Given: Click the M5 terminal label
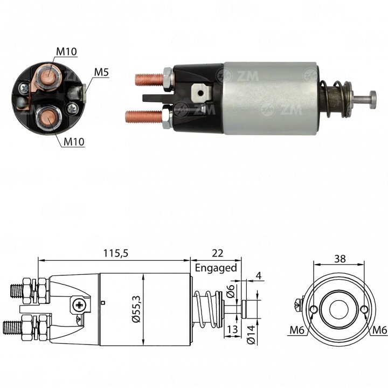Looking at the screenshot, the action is (x=101, y=72).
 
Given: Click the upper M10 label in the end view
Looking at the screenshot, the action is (x=66, y=52).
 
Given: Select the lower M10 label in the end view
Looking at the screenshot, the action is (x=74, y=142).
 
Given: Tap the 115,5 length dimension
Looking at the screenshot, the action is (x=116, y=253).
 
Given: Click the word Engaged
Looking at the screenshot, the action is (x=216, y=268).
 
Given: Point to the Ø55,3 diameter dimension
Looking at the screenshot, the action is (x=136, y=309).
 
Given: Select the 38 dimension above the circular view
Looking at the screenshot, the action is (x=340, y=259).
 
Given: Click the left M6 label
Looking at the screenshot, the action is (x=297, y=330).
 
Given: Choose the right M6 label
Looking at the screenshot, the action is (x=379, y=330).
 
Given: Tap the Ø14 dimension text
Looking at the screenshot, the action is (x=251, y=335).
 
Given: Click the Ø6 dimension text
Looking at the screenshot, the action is (x=231, y=291).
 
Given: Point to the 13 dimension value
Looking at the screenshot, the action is (x=232, y=329).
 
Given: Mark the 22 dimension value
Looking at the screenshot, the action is (x=218, y=253).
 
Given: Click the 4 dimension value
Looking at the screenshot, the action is (x=259, y=275).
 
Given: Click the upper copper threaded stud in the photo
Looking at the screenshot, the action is (x=149, y=79).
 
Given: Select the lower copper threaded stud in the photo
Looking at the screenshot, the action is (x=143, y=116).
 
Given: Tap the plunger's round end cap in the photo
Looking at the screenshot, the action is (x=373, y=100).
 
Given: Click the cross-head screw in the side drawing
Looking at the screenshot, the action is (x=79, y=304).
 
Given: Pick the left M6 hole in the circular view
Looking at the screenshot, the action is (x=314, y=309).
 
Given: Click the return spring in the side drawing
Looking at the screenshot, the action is (x=207, y=309).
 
